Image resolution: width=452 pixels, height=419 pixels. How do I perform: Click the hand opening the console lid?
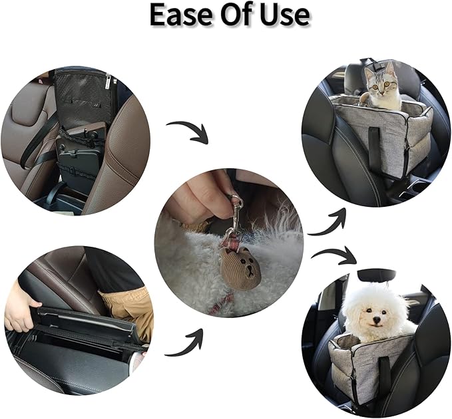click(x=20, y=313)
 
